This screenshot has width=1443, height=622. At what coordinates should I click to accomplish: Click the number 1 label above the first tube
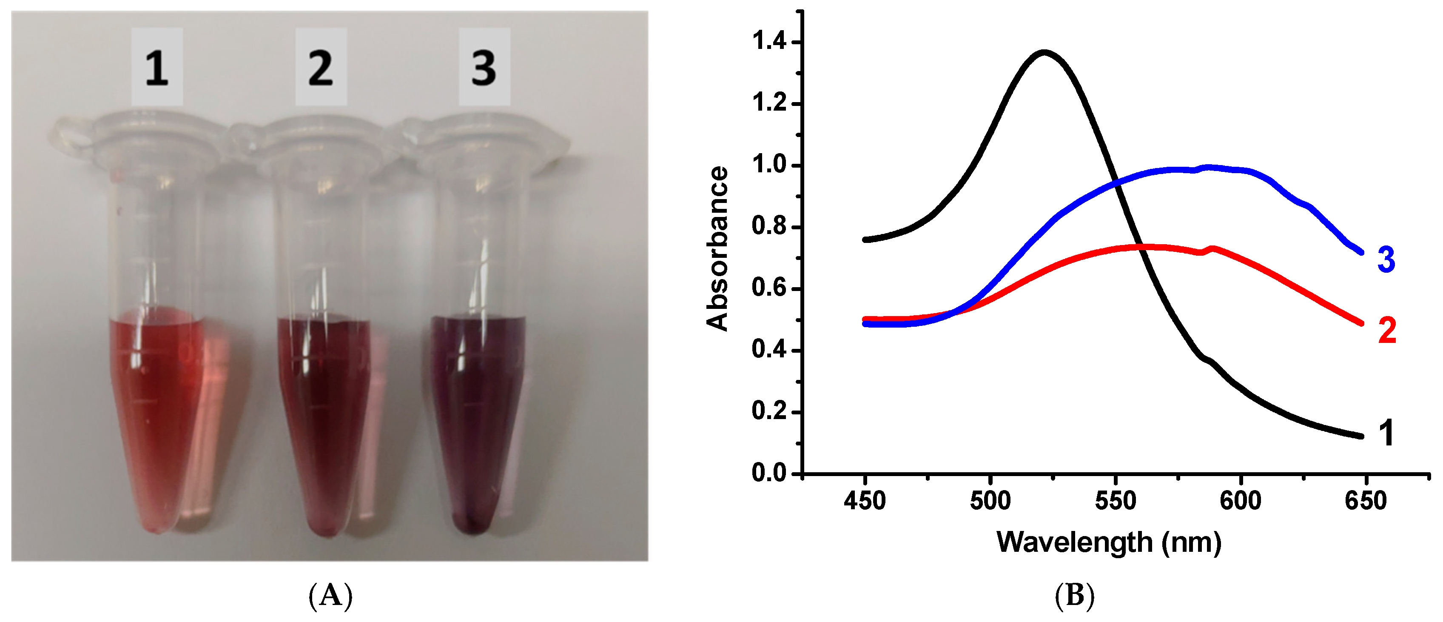pos(157,67)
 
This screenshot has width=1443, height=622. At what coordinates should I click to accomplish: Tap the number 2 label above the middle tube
pos(321,67)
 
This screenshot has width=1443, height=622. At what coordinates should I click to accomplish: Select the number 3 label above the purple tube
pos(484,67)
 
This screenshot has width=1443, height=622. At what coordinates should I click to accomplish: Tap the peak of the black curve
pos(1044,53)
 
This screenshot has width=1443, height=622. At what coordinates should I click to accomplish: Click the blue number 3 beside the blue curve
pos(1386,260)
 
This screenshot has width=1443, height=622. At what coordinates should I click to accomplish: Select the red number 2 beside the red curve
pos(1387,331)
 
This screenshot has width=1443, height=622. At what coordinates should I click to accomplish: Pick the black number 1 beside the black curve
pos(1386,433)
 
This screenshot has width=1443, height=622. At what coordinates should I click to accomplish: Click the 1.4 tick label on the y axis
pos(768,42)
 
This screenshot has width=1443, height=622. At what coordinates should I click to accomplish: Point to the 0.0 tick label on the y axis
pos(768,474)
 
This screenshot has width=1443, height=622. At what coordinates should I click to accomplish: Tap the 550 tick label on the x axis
pos(1115,500)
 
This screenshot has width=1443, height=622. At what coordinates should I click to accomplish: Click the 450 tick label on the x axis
pos(865,500)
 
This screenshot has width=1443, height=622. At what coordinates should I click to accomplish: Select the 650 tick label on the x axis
pos(1366,500)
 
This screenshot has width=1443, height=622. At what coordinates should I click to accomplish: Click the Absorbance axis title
pos(717,248)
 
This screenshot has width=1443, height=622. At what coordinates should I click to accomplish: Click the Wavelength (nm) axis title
pos(1109,542)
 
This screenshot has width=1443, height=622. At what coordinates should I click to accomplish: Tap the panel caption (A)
pos(330,596)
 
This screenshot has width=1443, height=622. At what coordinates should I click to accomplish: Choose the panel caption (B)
pos(1074,596)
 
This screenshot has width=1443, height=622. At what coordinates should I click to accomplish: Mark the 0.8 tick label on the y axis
pos(768,226)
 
